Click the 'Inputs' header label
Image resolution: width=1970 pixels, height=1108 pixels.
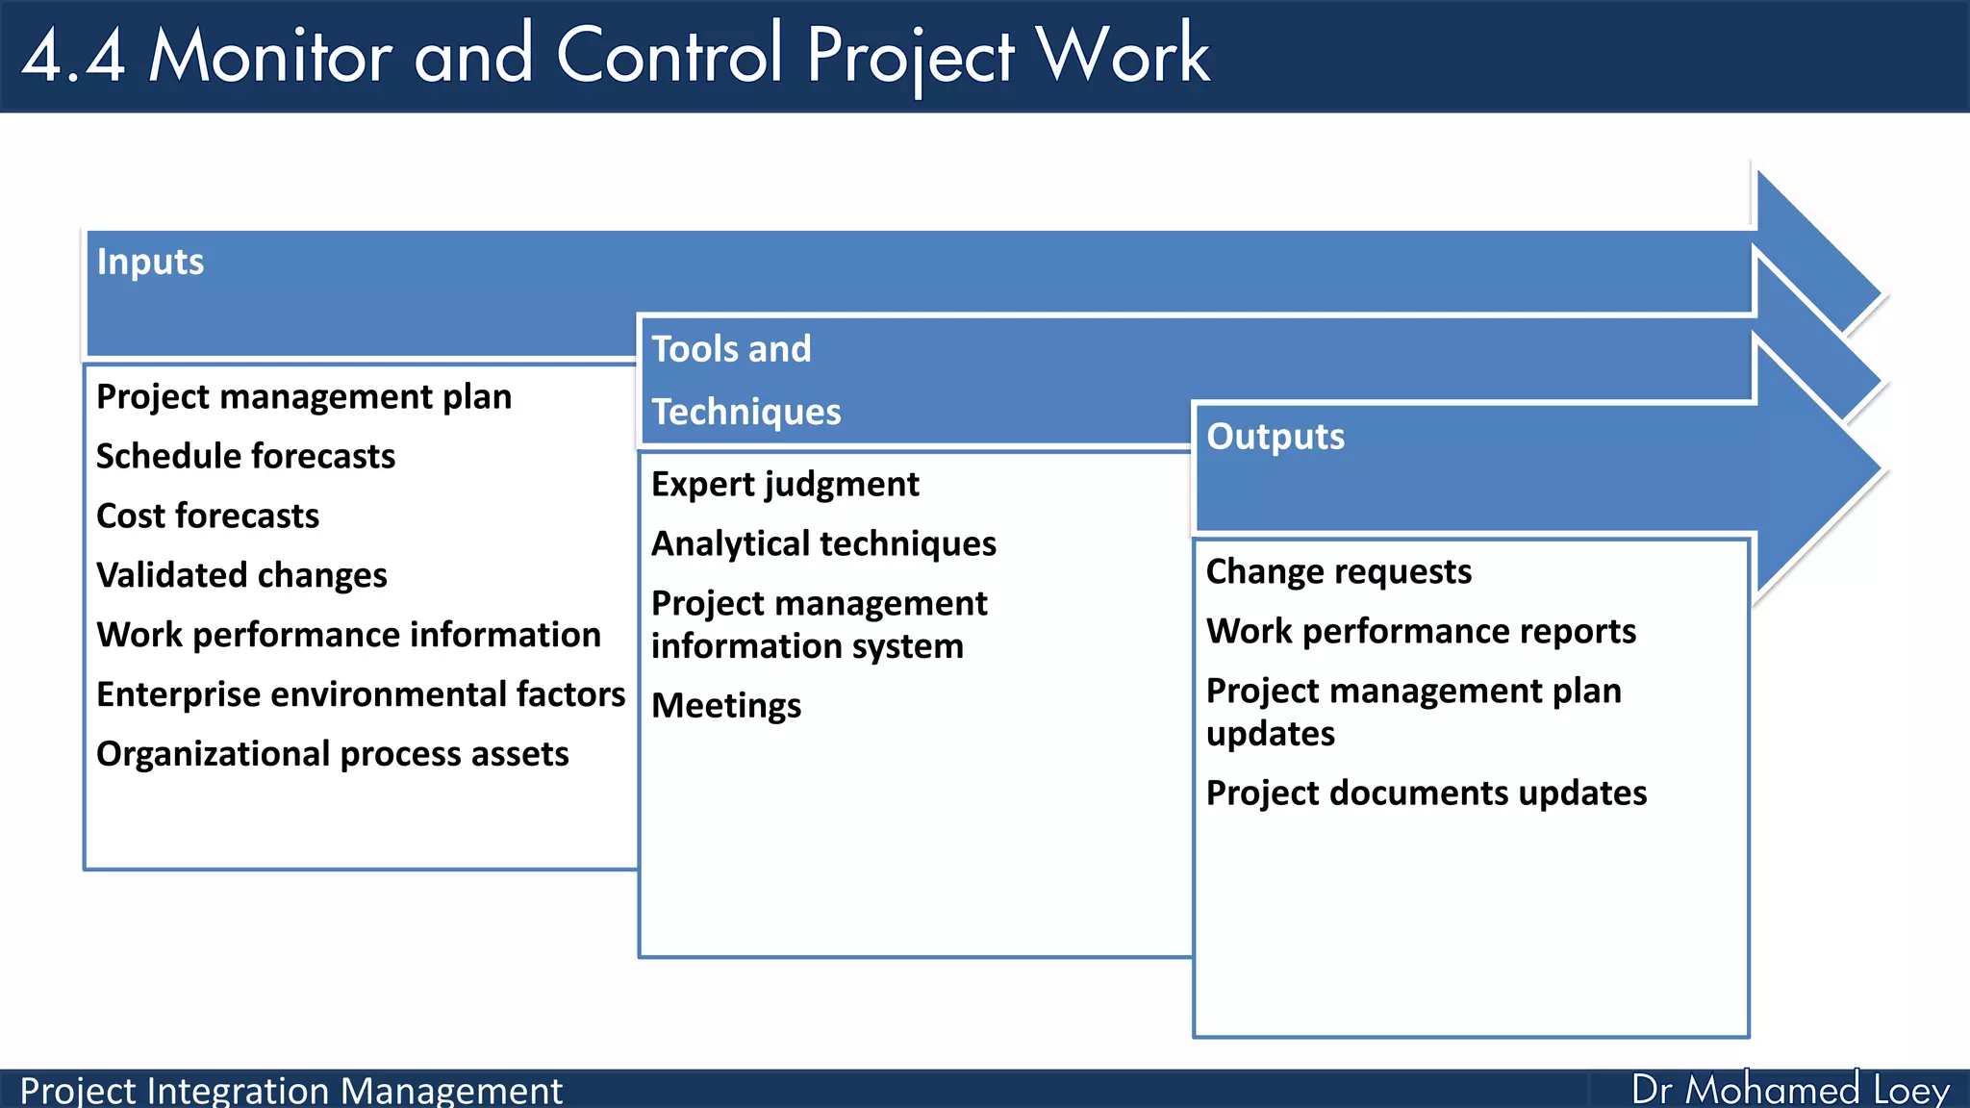click(150, 263)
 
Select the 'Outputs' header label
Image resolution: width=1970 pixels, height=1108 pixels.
click(1275, 438)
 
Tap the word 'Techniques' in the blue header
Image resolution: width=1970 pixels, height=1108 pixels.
click(745, 413)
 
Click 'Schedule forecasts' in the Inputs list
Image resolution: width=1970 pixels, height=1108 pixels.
click(245, 457)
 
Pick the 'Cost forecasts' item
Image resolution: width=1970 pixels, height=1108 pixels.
click(208, 516)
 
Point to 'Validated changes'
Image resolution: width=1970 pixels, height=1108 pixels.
click(241, 576)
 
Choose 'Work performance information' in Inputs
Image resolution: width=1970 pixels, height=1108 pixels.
click(348, 636)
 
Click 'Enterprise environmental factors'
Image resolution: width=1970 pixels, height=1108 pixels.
click(361, 695)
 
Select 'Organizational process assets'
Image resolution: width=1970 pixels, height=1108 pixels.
click(333, 755)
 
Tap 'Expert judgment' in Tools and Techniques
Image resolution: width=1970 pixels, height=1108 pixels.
click(785, 485)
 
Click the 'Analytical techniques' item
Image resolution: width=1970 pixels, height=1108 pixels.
click(823, 544)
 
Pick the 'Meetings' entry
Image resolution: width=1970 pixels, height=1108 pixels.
click(726, 706)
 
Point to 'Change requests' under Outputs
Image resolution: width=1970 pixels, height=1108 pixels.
click(1338, 572)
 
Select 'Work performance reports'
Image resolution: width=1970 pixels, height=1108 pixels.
click(1421, 632)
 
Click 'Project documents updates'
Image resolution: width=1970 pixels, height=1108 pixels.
click(1427, 793)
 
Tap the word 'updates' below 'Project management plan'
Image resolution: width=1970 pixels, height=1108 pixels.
click(1270, 735)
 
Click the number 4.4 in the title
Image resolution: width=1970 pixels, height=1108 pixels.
click(73, 56)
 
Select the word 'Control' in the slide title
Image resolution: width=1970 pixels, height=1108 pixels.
click(669, 56)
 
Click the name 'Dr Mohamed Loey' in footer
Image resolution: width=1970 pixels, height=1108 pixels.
click(1789, 1090)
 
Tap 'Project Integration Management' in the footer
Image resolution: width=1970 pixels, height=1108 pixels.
click(290, 1091)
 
